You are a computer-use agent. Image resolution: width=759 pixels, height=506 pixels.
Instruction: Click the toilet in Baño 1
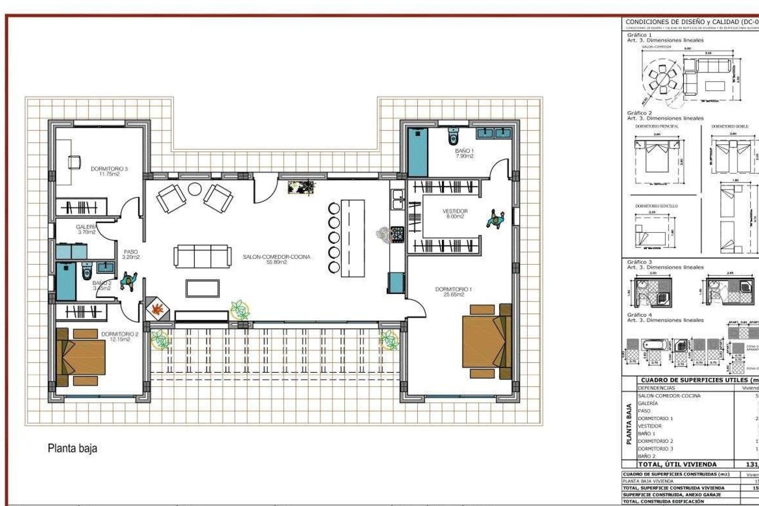[453, 137]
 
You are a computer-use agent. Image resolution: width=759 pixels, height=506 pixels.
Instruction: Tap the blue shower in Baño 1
[418, 152]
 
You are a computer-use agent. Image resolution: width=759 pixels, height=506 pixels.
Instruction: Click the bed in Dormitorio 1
[486, 341]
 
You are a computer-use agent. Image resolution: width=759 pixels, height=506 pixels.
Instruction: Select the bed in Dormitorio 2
[81, 357]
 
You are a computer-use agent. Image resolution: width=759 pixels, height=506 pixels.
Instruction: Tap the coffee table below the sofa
[202, 288]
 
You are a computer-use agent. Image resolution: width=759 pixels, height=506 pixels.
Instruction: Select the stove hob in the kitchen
[396, 234]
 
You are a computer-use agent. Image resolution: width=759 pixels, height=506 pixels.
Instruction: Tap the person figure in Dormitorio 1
[495, 219]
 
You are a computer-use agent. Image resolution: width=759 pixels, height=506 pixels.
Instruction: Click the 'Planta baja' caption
[72, 448]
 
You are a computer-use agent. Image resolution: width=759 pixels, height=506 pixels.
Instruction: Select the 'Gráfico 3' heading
[639, 262]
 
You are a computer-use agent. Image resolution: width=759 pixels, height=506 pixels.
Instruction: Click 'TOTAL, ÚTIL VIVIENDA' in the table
[677, 464]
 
